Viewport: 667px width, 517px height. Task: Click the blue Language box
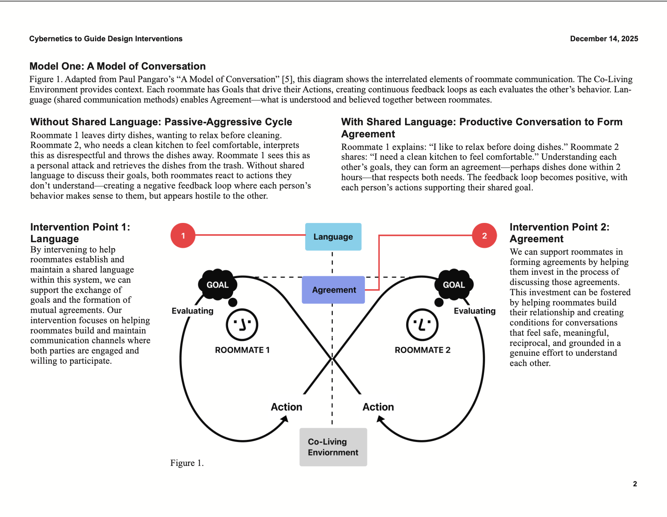tap(333, 237)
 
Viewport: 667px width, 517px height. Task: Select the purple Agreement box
tap(333, 290)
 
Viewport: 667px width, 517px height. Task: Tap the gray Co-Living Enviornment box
tap(333, 447)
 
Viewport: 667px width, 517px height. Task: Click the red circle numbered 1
tap(183, 235)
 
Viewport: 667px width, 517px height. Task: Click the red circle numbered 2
tap(484, 235)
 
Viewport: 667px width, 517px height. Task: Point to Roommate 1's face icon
tap(242, 325)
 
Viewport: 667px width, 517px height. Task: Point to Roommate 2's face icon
tap(422, 325)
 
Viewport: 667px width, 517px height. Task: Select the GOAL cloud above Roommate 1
tap(218, 285)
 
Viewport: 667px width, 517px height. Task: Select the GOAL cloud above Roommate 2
tap(454, 285)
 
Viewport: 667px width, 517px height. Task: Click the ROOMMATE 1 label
tap(242, 350)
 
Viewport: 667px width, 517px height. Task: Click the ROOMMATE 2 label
tap(423, 350)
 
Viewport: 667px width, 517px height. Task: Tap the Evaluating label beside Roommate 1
tap(193, 311)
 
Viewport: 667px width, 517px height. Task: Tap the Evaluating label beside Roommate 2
tap(474, 311)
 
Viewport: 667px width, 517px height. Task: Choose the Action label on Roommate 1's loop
tap(287, 407)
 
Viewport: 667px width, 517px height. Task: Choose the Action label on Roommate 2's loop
tap(378, 407)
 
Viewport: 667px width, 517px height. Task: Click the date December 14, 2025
tap(604, 39)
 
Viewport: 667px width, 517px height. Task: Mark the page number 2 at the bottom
tap(635, 484)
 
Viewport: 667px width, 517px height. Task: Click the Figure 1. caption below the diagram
tap(187, 463)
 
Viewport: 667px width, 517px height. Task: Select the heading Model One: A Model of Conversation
tap(117, 66)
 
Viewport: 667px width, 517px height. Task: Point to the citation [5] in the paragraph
tap(287, 79)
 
